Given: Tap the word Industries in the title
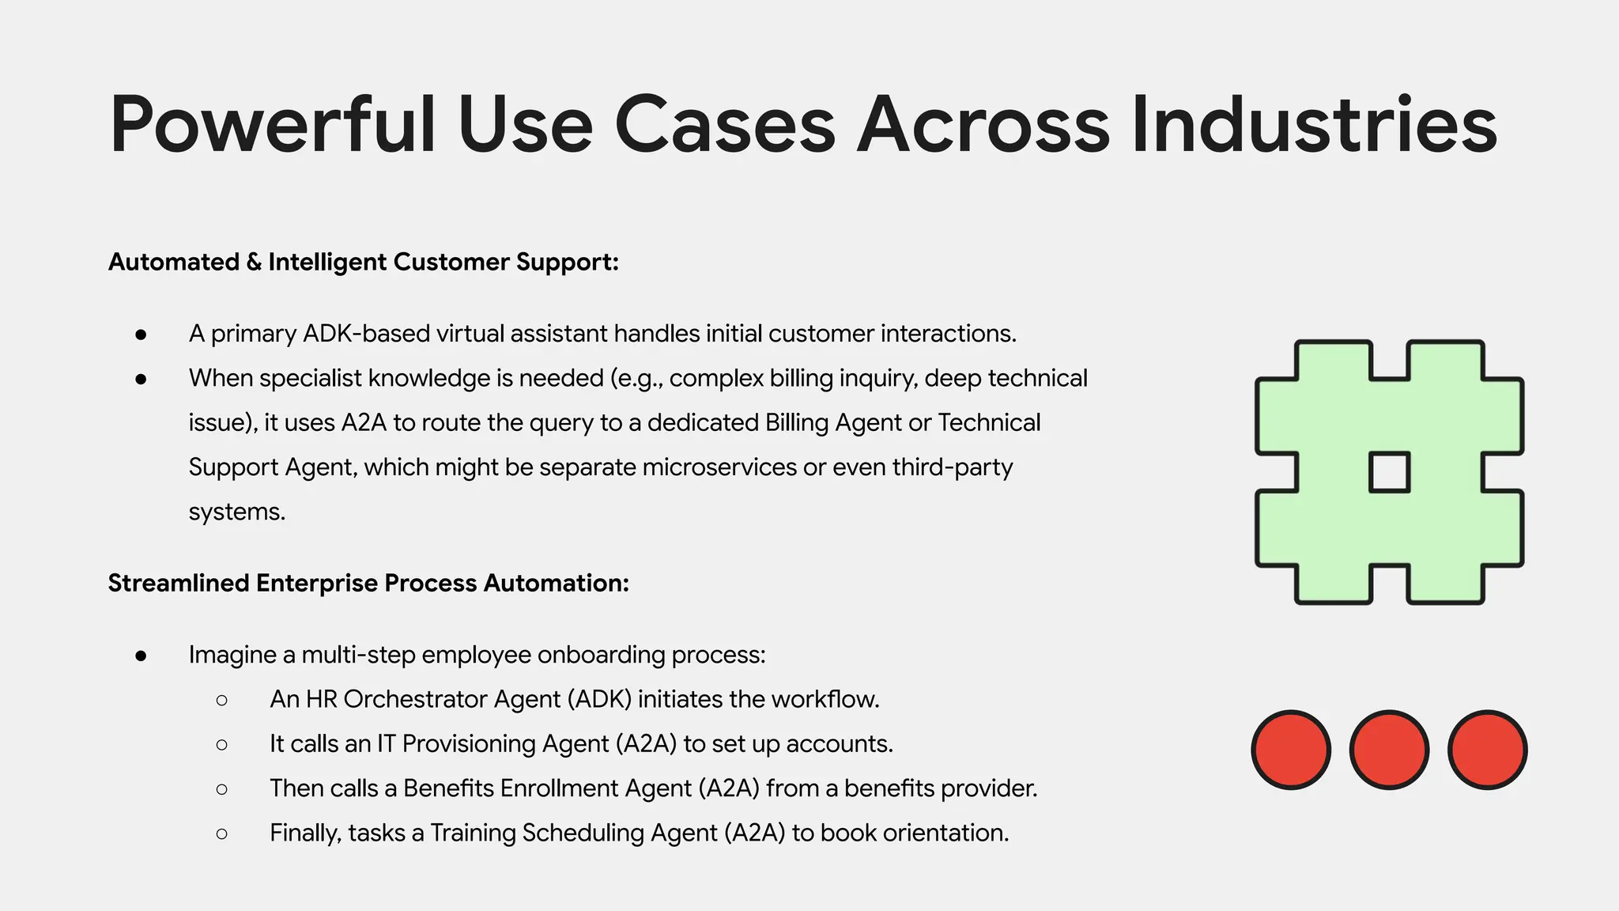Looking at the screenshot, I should pos(1314,125).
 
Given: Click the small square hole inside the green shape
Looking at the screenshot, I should pos(1389,472).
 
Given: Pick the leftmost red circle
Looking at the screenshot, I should pos(1291,750).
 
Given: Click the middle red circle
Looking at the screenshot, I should pos(1389,750).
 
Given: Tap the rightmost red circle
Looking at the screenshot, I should pos(1487,750).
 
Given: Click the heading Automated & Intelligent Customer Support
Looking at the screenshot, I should pos(363,262).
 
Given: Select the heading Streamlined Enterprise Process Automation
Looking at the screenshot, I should pos(368,583).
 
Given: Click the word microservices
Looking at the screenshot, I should pos(719,467).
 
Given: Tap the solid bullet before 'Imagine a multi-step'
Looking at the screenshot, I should pos(141,655).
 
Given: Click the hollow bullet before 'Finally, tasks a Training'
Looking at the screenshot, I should pos(221,834).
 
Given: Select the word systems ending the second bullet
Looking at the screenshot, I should pos(236,512).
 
